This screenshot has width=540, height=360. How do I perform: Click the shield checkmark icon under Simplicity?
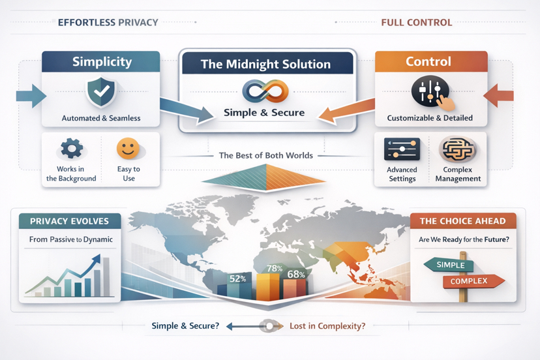[101, 92]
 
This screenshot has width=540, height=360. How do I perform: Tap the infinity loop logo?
[265, 91]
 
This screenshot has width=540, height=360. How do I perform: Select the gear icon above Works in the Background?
[72, 149]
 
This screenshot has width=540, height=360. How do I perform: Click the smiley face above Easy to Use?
[128, 149]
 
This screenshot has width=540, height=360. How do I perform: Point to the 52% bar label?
[237, 278]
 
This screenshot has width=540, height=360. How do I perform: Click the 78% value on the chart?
[275, 269]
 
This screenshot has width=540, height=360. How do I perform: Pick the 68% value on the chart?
[296, 274]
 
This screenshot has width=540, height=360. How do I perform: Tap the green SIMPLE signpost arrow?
[449, 265]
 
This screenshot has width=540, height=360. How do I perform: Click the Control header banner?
[431, 62]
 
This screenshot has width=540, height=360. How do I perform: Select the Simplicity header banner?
[101, 62]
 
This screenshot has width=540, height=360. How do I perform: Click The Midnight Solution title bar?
[265, 64]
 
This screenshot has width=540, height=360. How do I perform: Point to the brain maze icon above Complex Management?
[457, 150]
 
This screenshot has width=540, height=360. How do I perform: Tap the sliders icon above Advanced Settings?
[402, 150]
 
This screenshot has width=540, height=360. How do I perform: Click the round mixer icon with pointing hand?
[431, 93]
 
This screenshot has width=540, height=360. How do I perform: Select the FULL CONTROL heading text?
[416, 22]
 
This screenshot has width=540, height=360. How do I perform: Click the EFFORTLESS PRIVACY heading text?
[108, 22]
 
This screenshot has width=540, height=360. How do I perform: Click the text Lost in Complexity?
[327, 325]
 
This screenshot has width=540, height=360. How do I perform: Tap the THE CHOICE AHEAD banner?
[462, 220]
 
